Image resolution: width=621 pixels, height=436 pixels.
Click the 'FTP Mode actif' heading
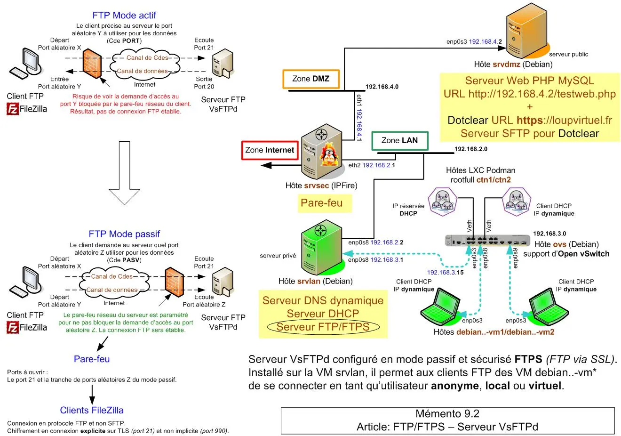(124, 15)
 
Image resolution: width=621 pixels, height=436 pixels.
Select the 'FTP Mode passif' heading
(124, 234)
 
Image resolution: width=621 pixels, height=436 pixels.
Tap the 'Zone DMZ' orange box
(311, 79)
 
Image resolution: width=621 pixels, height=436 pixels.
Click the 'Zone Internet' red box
(270, 150)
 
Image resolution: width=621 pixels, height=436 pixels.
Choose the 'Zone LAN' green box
(399, 140)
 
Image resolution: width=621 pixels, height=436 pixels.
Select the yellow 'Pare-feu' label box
(322, 203)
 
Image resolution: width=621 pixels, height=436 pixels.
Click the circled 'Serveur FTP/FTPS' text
(323, 327)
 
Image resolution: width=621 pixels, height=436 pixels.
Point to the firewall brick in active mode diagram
(92, 64)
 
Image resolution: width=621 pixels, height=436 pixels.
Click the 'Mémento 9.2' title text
(447, 414)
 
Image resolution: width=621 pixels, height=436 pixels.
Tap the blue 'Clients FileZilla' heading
(92, 410)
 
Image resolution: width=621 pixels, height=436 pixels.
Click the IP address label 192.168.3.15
(445, 272)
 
